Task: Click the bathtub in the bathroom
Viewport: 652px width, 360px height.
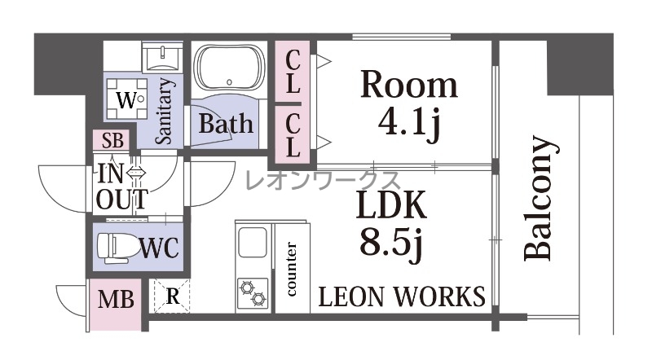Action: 230,68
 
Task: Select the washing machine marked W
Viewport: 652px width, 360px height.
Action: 127,99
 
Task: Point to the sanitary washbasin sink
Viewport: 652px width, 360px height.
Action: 162,56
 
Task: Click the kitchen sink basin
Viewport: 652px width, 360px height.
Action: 253,243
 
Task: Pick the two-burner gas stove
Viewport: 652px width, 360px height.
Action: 253,293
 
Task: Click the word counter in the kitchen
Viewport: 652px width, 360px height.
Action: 292,269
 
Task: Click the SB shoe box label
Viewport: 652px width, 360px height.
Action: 112,141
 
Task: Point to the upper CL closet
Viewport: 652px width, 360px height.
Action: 293,71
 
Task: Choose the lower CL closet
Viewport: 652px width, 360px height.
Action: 293,134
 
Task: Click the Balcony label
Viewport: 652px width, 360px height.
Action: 540,198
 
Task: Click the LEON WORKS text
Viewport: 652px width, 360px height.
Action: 402,296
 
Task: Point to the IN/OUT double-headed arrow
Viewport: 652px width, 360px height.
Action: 136,172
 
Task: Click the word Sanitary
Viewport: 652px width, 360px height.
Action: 164,112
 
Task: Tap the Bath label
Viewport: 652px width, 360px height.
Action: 226,124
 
